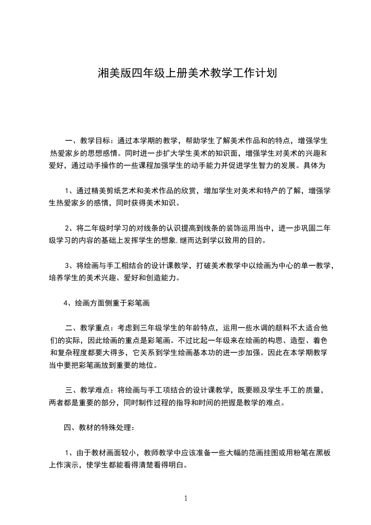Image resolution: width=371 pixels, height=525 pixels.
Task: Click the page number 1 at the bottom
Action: coord(186,499)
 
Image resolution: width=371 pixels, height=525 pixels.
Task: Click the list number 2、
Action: coord(70,228)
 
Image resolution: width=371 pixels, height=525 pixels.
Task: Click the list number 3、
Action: coord(70,266)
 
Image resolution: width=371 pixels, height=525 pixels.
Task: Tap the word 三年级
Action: coord(151,328)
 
